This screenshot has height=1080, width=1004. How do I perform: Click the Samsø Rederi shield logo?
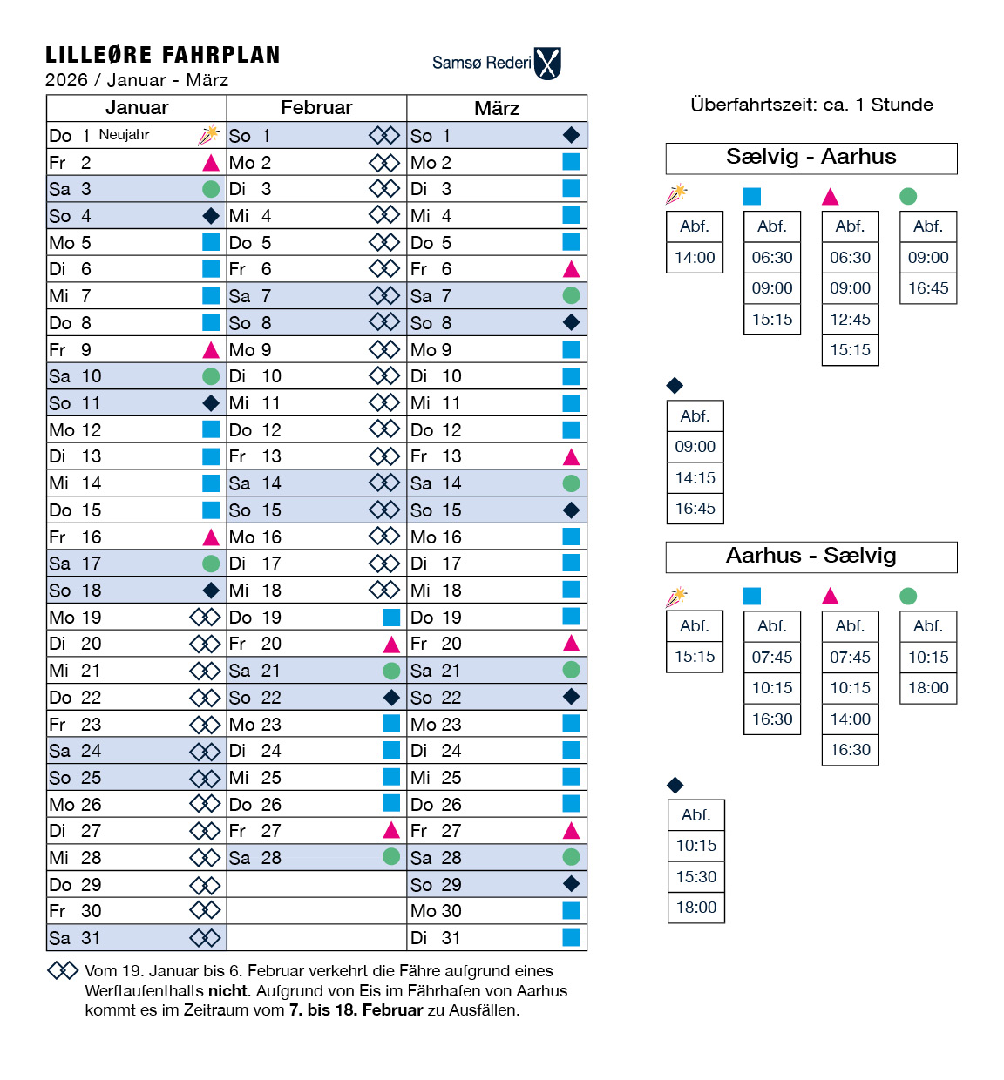[547, 64]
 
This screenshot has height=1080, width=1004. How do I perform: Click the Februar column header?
[316, 108]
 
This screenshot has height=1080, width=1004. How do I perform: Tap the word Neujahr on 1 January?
[124, 135]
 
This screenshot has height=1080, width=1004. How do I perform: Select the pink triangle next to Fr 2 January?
[211, 163]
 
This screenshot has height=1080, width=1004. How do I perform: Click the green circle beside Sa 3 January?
[211, 189]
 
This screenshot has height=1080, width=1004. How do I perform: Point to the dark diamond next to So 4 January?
[211, 216]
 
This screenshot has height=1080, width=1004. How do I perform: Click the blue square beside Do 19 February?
[391, 618]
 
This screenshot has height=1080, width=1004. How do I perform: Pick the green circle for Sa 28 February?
[391, 857]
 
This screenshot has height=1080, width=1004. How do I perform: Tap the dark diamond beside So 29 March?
[572, 884]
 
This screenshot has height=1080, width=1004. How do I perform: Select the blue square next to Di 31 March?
[572, 938]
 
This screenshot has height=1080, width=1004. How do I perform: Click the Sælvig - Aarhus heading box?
[811, 158]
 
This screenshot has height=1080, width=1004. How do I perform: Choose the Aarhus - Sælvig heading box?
[811, 557]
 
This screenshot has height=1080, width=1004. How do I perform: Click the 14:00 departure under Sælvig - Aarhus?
[695, 258]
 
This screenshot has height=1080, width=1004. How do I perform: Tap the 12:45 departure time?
[850, 320]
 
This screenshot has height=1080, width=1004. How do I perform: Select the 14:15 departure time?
[695, 478]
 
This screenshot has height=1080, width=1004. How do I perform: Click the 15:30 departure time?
[695, 877]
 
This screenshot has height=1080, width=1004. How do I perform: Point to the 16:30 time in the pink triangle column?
[850, 750]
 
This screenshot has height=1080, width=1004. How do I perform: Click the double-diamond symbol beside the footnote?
[63, 970]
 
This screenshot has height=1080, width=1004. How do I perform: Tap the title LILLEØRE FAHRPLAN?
[163, 56]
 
